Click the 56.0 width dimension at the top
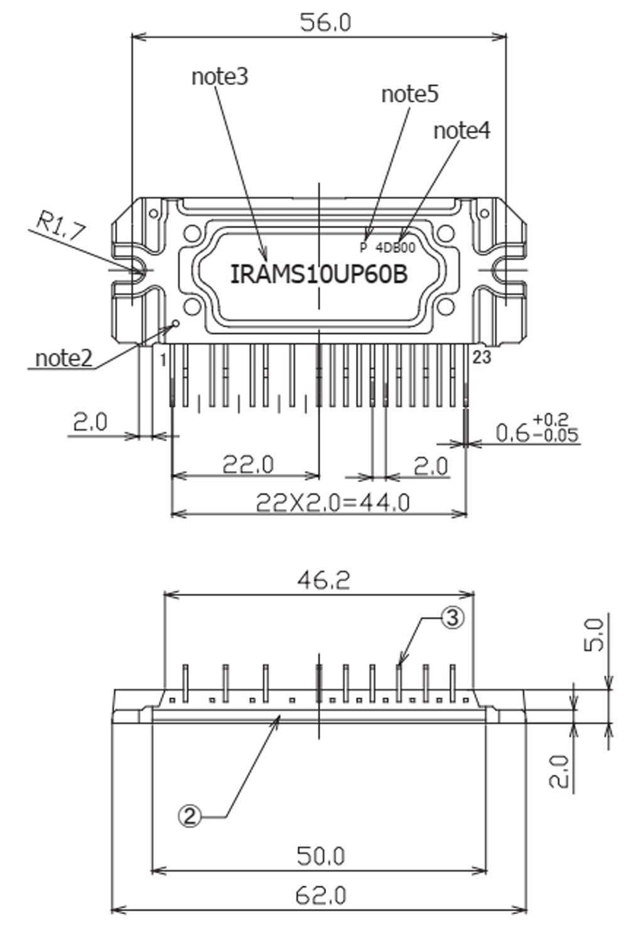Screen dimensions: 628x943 (325, 23)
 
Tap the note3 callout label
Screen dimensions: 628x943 (220, 77)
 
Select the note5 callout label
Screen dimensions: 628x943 (410, 94)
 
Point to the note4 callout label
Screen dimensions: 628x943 (462, 131)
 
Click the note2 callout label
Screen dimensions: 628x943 (63, 358)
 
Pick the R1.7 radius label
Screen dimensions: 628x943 (62, 225)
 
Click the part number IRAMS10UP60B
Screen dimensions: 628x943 (319, 274)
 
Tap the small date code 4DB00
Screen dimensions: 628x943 (395, 248)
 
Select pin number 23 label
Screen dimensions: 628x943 (482, 357)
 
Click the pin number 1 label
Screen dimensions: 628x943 (163, 360)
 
